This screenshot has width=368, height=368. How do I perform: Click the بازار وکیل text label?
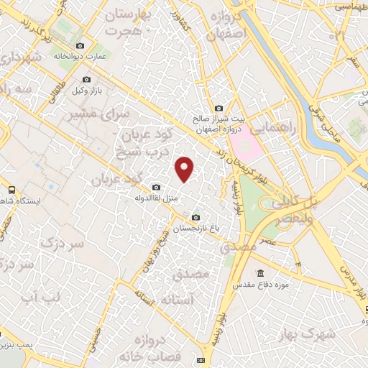(x=89, y=91)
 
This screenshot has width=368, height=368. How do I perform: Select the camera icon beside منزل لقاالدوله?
(x=157, y=187)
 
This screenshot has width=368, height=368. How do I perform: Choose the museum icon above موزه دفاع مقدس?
(x=260, y=274)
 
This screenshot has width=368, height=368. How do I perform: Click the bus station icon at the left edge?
(x=10, y=190)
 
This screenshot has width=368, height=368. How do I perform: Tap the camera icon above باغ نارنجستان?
(x=196, y=217)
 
